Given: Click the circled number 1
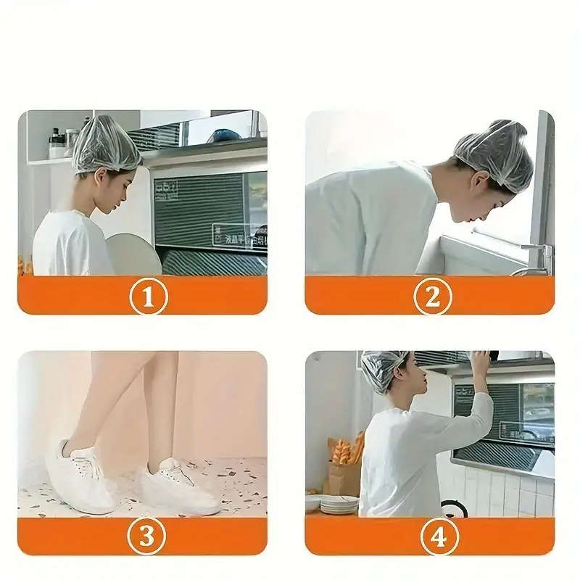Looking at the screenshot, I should click(149, 296).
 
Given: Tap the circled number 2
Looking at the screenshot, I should click(433, 296).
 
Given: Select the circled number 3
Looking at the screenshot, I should click(147, 536).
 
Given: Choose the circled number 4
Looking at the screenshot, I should click(434, 536).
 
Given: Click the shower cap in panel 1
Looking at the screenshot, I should click(105, 143).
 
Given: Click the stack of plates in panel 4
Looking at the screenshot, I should click(339, 504).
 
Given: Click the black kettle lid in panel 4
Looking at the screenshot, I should click(455, 509).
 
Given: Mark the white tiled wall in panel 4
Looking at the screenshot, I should click(507, 493).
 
